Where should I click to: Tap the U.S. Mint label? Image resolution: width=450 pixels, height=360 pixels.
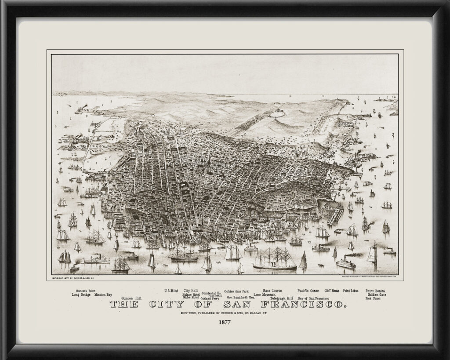click(171, 291)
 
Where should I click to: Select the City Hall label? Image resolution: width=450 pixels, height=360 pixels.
click(191, 291)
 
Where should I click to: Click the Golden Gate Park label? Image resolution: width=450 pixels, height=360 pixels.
click(236, 291)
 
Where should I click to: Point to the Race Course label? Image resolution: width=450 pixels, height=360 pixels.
click(272, 291)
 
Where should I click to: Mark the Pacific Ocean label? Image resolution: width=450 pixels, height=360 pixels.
click(308, 291)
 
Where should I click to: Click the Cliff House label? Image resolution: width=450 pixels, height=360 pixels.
click(332, 291)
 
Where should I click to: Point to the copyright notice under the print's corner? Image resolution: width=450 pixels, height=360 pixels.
click(74, 278)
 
